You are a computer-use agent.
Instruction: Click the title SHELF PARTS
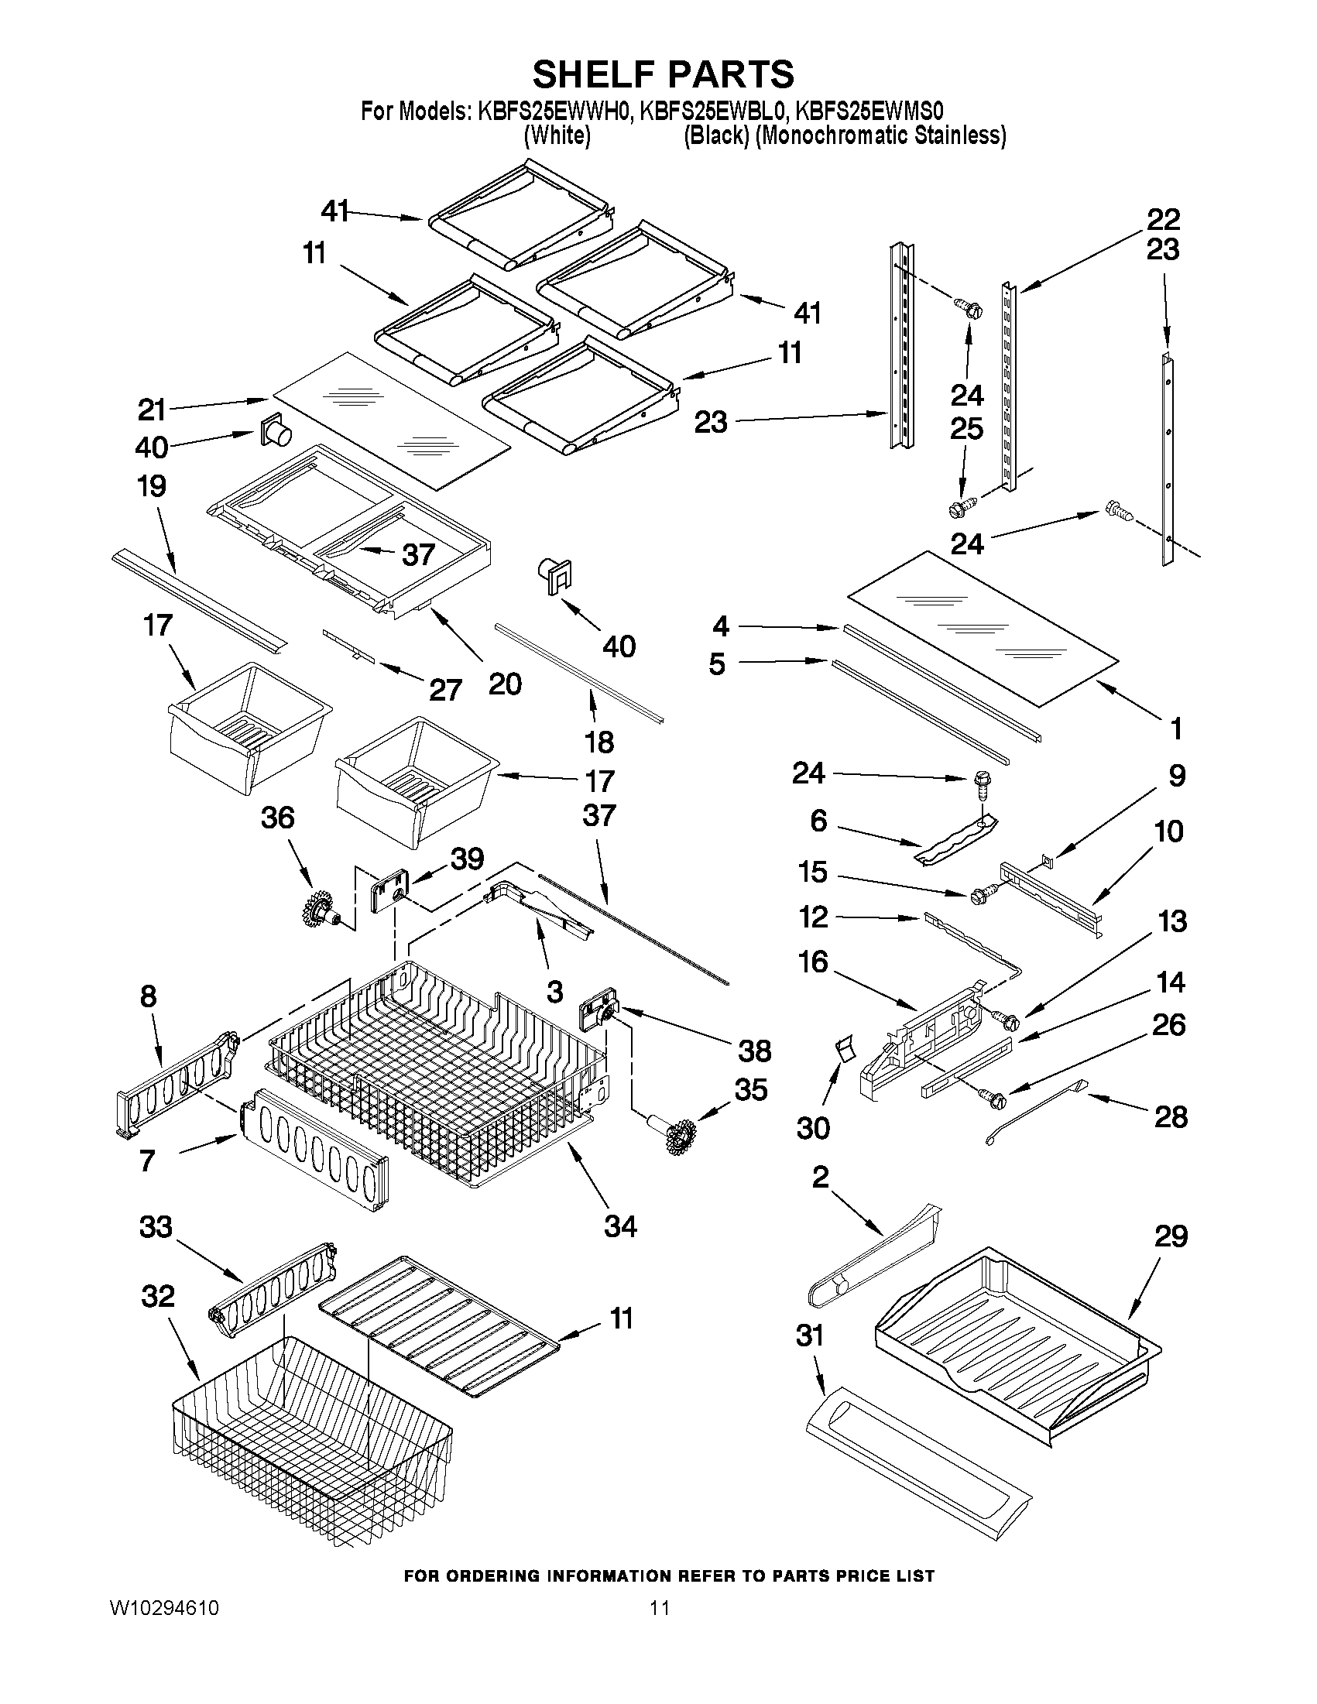pyautogui.click(x=664, y=75)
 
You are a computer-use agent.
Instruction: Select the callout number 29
pyautogui.click(x=1170, y=1236)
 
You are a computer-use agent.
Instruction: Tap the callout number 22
pyautogui.click(x=1162, y=219)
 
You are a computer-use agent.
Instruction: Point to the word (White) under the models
pyautogui.click(x=557, y=135)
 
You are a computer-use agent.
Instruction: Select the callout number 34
pyautogui.click(x=620, y=1226)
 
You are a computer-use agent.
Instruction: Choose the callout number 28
pyautogui.click(x=1171, y=1117)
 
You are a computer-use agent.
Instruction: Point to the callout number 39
pyautogui.click(x=467, y=859)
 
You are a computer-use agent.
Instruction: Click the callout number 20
pyautogui.click(x=504, y=684)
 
